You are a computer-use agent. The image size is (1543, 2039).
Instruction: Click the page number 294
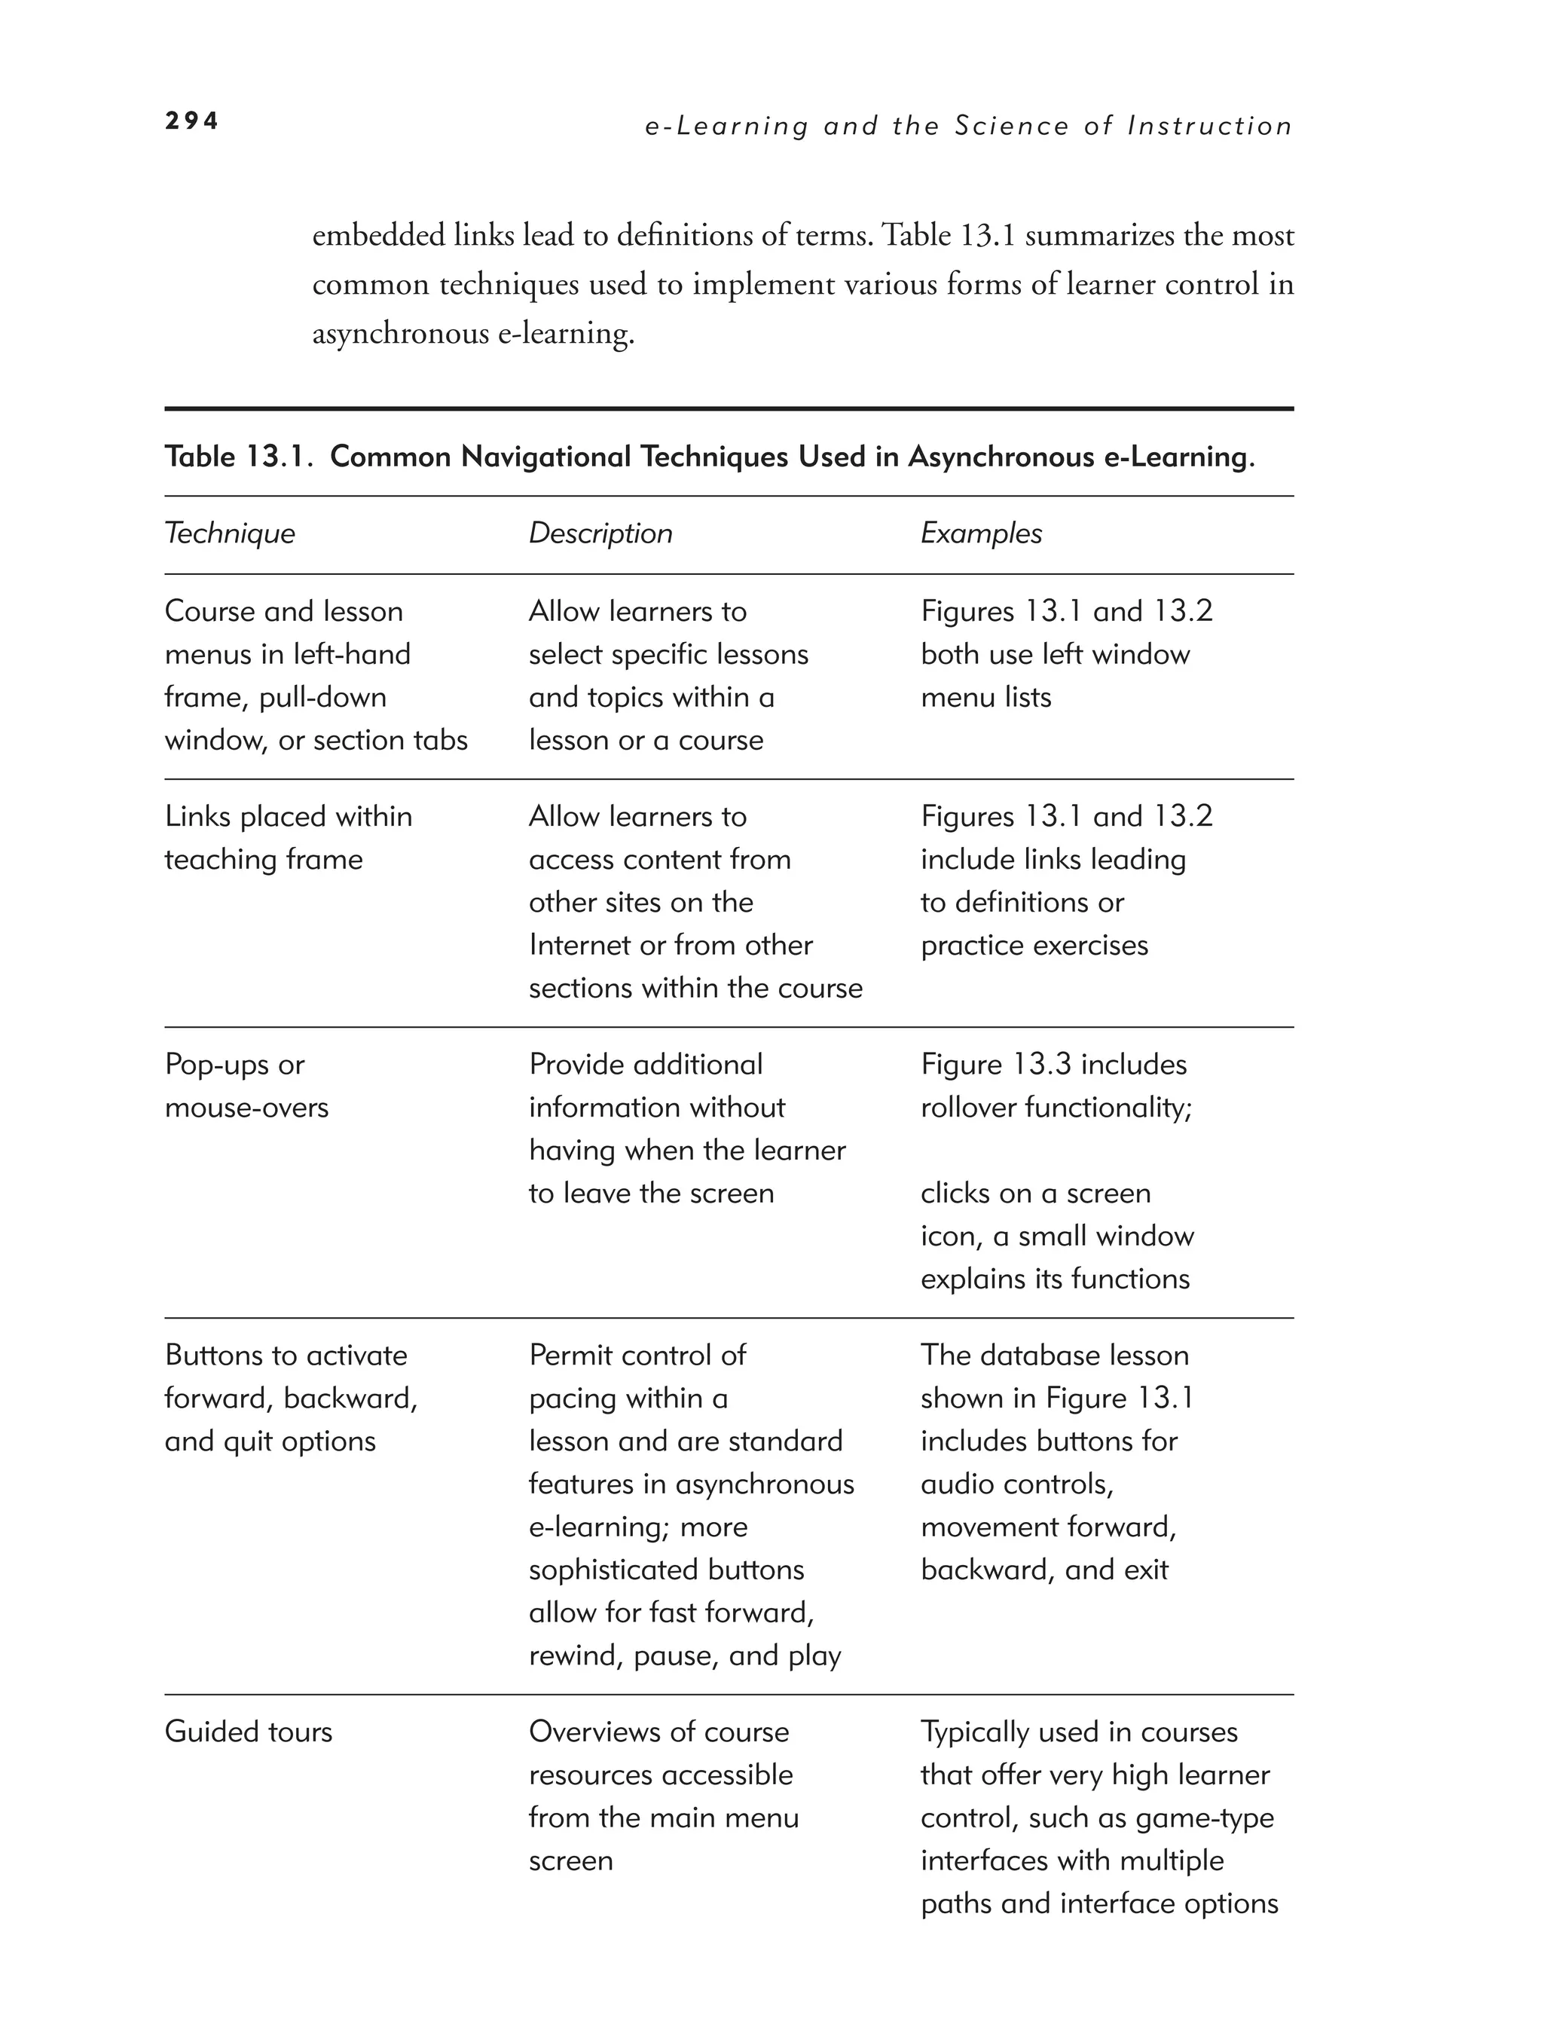191,121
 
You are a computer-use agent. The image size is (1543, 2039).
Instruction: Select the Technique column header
230,533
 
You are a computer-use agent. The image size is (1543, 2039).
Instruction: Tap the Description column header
600,533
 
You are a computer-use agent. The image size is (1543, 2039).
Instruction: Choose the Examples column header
981,533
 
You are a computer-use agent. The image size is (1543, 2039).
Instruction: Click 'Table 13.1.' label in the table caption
240,457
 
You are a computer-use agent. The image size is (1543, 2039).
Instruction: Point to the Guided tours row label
248,1732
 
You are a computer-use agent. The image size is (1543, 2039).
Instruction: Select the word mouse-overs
246,1108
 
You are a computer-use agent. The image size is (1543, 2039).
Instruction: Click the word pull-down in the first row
322,698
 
